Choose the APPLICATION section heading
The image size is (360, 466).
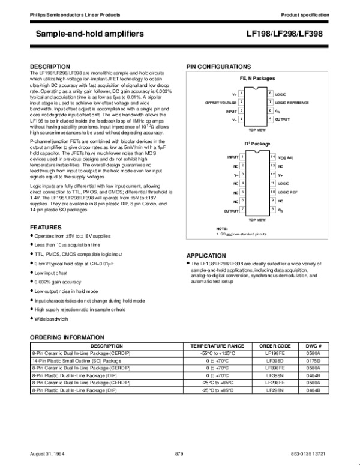[x=206, y=255]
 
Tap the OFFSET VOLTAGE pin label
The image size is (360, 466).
[x=220, y=103]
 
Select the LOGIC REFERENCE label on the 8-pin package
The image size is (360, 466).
[x=292, y=103]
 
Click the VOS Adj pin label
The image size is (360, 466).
[x=286, y=157]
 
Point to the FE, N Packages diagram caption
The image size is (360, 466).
[x=257, y=79]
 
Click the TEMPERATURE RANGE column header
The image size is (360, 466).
[x=218, y=346]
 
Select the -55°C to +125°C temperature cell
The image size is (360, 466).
[x=218, y=354]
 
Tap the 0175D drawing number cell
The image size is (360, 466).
[x=314, y=361]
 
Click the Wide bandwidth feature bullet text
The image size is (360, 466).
[x=50, y=318]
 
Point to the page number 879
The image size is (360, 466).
[x=178, y=452]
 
